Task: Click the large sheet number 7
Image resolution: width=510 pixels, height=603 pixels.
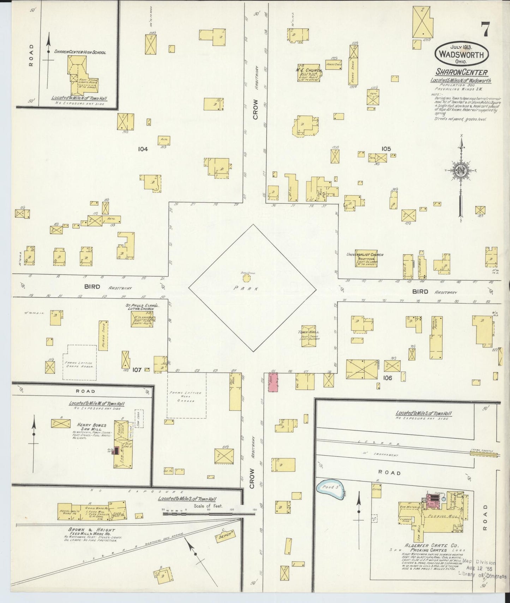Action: [485, 29]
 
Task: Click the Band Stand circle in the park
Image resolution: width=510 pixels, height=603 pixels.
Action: [246, 278]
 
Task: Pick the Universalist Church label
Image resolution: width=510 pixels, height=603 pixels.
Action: [365, 255]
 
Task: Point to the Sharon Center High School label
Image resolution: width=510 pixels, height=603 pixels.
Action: [80, 52]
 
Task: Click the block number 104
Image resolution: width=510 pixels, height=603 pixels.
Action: [143, 149]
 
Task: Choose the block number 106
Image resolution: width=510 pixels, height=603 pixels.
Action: [388, 378]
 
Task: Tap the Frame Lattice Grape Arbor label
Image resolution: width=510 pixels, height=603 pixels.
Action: [79, 364]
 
